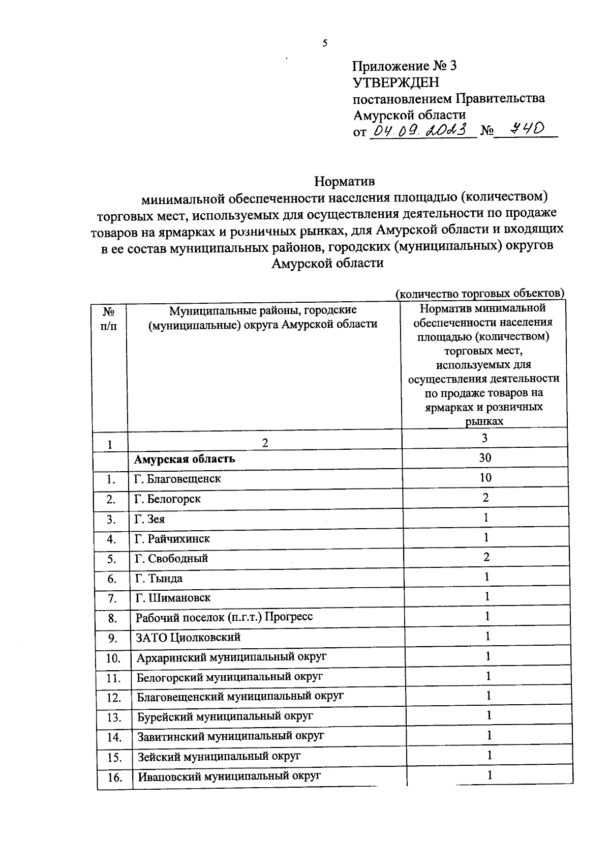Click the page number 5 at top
(x=325, y=43)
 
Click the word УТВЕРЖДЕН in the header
(x=395, y=82)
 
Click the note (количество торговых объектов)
(x=480, y=294)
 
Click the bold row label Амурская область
(x=185, y=459)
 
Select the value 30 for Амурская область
(x=485, y=457)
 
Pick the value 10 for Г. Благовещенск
(x=485, y=477)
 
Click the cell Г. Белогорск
(x=167, y=499)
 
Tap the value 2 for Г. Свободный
(x=486, y=557)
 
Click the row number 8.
(x=112, y=619)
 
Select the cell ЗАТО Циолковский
(x=188, y=638)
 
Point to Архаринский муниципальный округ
(x=231, y=657)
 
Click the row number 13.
(x=114, y=718)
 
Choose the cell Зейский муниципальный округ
(x=219, y=757)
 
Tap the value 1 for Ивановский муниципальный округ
(x=490, y=775)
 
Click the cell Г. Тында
(x=159, y=579)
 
